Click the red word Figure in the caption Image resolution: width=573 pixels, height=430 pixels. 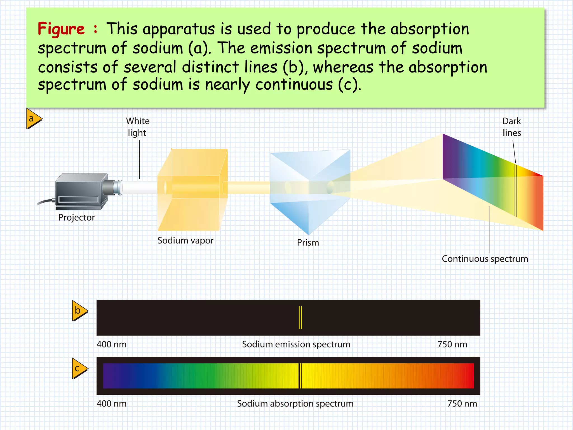point(61,29)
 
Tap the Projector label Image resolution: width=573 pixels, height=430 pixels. point(76,218)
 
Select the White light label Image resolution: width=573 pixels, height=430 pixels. point(137,127)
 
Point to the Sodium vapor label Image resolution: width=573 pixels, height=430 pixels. point(185,240)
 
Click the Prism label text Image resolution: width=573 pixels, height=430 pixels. point(308,242)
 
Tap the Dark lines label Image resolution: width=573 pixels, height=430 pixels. point(511,127)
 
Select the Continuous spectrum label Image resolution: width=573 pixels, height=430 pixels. point(485,259)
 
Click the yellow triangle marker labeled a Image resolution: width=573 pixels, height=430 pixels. point(33,119)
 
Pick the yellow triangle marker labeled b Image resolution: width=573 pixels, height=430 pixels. point(79,311)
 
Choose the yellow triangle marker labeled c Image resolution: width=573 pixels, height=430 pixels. point(79,368)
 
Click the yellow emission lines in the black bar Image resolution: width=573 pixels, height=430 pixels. point(300,318)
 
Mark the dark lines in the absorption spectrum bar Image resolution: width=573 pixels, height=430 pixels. point(300,376)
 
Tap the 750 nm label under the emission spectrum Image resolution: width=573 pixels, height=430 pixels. point(452,344)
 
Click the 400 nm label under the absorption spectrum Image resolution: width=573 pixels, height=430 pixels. point(111,404)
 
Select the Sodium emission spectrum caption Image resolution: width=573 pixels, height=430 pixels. point(296,344)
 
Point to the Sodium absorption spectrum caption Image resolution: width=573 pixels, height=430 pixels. point(295,404)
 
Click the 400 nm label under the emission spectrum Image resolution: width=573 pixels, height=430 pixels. point(111,344)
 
